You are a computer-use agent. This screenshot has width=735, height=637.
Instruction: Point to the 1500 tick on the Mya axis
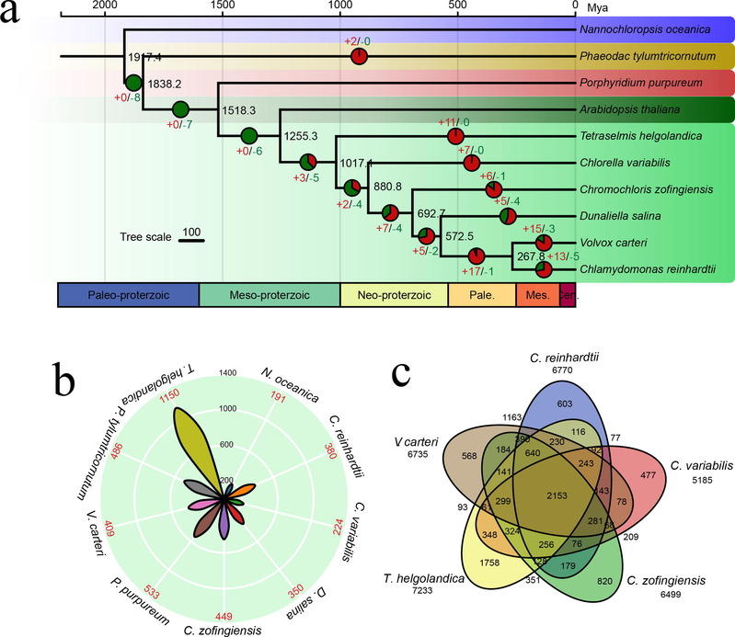point(222,6)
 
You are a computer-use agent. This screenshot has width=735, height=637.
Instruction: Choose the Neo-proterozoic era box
point(394,296)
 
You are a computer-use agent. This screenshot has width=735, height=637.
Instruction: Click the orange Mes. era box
point(532,296)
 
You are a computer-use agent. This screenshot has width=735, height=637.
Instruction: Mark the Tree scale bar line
point(191,241)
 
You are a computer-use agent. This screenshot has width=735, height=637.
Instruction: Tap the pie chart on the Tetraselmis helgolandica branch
point(455,137)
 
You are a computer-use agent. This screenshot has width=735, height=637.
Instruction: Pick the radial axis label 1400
point(228,372)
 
